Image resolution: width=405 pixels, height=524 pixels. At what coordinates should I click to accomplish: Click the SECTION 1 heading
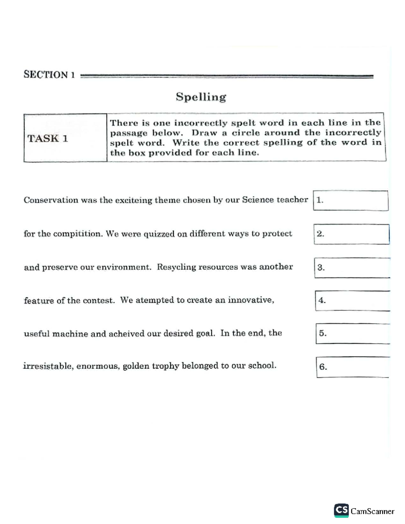(x=49, y=75)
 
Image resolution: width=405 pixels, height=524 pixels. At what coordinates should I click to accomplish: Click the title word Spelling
(x=201, y=97)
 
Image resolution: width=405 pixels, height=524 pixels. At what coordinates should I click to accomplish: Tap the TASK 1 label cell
(x=65, y=138)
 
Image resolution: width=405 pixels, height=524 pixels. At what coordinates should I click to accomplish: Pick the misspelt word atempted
(x=154, y=300)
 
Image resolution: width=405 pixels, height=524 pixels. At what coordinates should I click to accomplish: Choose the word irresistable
(x=49, y=366)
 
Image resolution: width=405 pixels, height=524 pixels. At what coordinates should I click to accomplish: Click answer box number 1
(x=351, y=200)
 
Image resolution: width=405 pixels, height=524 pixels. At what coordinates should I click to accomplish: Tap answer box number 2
(x=352, y=234)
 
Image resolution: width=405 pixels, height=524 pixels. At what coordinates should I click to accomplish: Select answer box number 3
(x=352, y=268)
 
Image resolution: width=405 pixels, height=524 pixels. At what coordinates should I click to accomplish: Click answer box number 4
(x=353, y=301)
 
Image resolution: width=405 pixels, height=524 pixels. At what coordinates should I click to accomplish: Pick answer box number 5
(x=353, y=333)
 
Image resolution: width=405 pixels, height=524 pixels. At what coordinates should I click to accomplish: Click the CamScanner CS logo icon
(x=341, y=511)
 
